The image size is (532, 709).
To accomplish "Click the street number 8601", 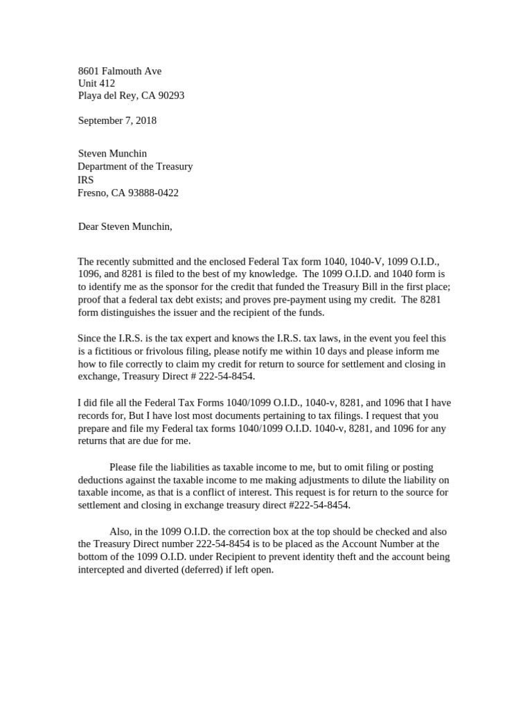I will click(x=89, y=71).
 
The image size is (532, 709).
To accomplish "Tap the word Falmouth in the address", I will click(x=123, y=71).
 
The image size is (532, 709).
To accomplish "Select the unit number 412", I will click(x=107, y=83).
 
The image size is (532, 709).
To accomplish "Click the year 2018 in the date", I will click(x=145, y=120).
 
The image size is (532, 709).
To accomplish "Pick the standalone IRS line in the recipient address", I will click(x=85, y=180).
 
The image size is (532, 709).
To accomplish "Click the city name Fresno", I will click(x=92, y=192).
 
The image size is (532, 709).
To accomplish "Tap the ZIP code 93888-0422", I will click(x=152, y=192).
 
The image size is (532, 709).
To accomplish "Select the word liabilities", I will click(x=183, y=468).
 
